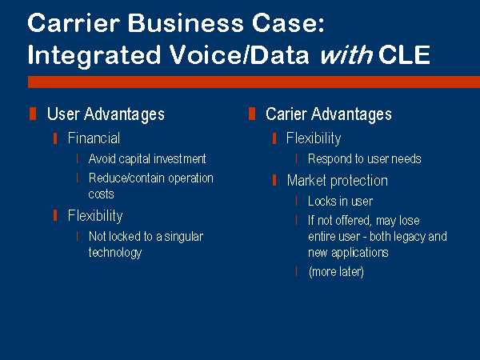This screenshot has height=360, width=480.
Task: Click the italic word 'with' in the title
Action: click(x=346, y=55)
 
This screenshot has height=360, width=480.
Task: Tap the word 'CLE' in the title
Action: click(x=404, y=55)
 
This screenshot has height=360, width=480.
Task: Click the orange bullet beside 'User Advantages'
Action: click(x=33, y=114)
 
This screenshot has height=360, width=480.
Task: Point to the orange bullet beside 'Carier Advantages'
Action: click(x=252, y=114)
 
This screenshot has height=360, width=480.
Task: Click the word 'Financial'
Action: click(x=94, y=138)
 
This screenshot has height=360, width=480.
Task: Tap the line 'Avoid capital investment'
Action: click(x=147, y=159)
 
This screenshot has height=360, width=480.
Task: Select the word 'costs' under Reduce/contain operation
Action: click(x=102, y=194)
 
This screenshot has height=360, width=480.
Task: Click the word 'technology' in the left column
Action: click(x=115, y=253)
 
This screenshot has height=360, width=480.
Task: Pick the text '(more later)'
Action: click(x=336, y=271)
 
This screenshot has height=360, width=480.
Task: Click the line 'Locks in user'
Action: click(x=341, y=201)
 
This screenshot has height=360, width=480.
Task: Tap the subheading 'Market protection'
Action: click(x=338, y=181)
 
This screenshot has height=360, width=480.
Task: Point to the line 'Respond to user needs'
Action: click(x=365, y=159)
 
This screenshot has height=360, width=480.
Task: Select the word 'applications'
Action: click(x=360, y=253)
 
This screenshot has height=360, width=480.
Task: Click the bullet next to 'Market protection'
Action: click(x=274, y=180)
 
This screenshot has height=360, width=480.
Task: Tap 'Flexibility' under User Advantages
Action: click(x=95, y=215)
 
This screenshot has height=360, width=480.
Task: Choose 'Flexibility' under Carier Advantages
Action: click(x=314, y=138)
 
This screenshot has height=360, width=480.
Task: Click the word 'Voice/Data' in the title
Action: click(x=239, y=55)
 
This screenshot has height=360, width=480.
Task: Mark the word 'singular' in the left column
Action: click(x=184, y=237)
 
